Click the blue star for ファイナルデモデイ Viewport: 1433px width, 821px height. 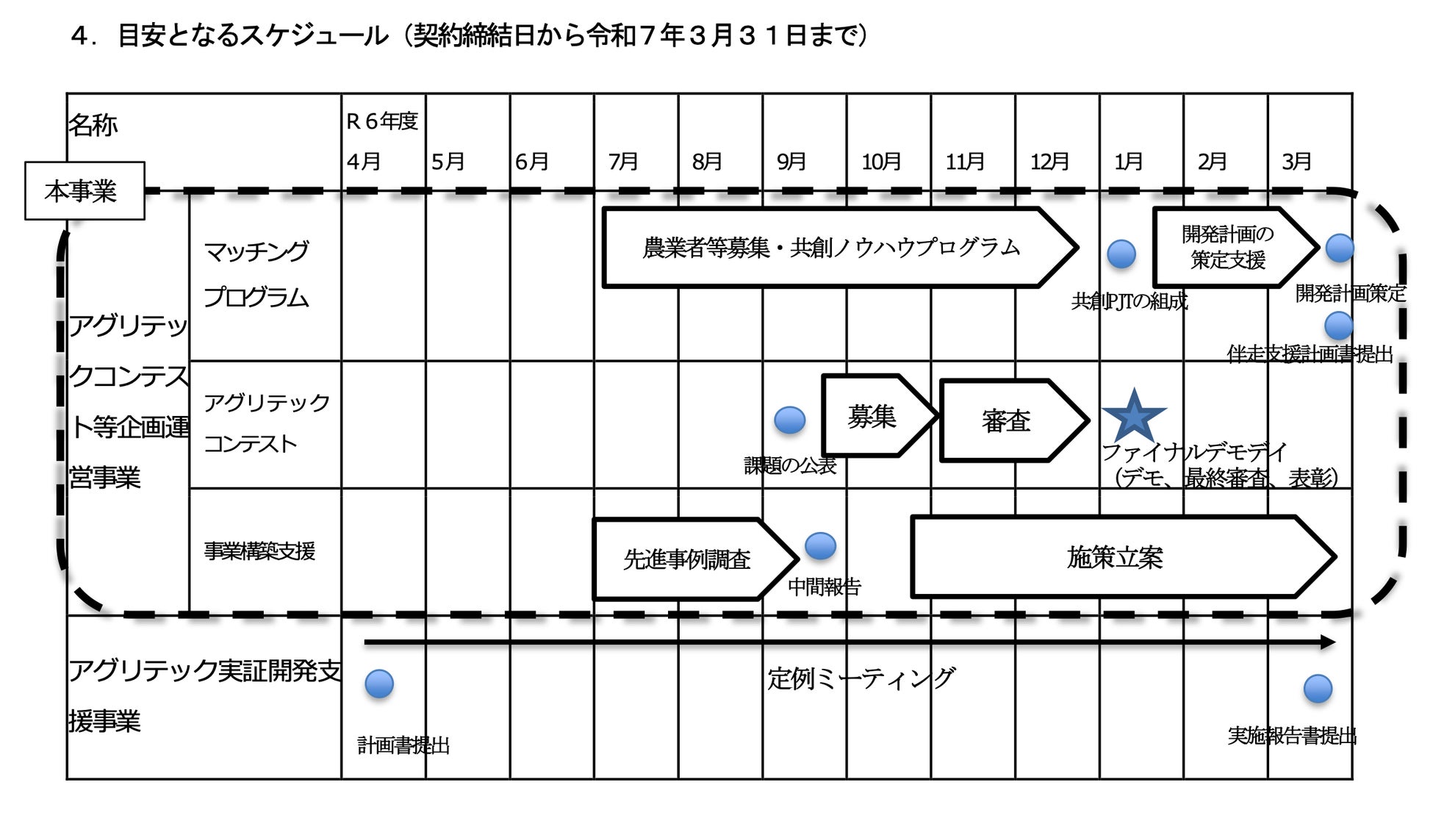(x=1133, y=417)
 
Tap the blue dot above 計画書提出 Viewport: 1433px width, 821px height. (x=379, y=684)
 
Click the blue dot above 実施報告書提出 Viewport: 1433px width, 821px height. (x=1318, y=689)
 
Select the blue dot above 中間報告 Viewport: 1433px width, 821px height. (x=820, y=546)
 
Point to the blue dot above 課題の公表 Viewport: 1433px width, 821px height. (x=790, y=420)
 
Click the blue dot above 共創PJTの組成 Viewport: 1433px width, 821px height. (x=1121, y=254)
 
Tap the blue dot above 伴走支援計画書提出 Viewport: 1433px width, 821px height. (x=1338, y=326)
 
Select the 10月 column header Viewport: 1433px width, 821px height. (x=881, y=161)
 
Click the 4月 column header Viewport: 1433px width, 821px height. (x=364, y=161)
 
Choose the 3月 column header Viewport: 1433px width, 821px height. (x=1296, y=161)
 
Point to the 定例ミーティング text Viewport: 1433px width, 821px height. (x=861, y=678)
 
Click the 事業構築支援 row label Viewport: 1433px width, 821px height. (x=259, y=551)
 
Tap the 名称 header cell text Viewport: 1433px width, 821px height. (x=93, y=125)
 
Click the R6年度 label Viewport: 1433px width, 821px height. (x=382, y=121)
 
